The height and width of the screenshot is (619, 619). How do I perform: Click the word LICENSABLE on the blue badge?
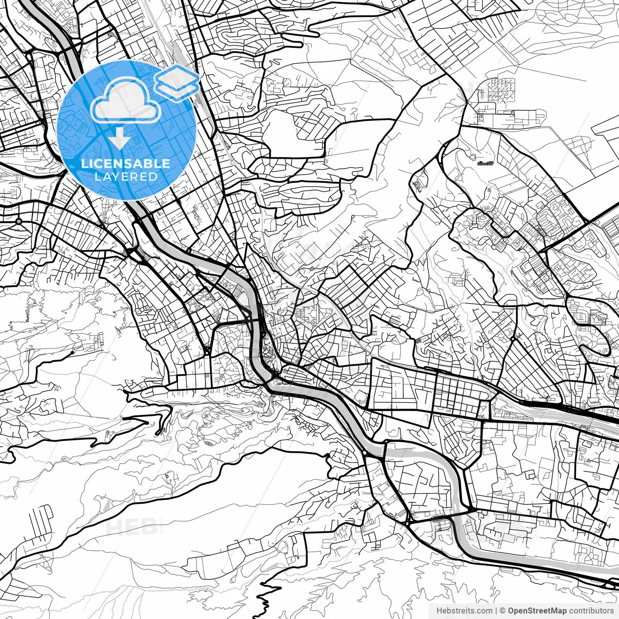[126, 163]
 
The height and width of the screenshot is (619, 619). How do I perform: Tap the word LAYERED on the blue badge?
[126, 177]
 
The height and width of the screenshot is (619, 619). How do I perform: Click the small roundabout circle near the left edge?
[19, 221]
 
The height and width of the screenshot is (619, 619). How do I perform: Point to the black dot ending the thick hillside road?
[72, 353]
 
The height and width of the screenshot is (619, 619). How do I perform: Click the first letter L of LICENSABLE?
[84, 163]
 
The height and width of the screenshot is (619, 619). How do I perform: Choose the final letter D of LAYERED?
[154, 177]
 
